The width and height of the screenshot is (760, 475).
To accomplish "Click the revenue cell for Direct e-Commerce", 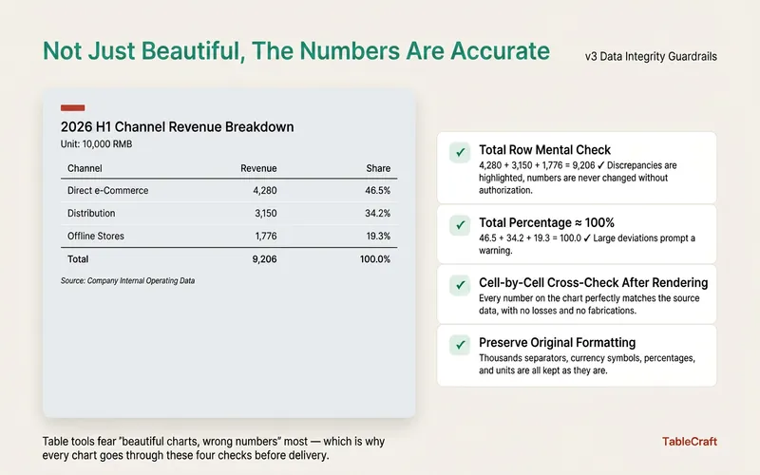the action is [x=265, y=191].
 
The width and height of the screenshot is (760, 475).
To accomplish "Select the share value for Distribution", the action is [x=377, y=213].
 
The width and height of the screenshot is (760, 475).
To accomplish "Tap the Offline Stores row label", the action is [x=96, y=236].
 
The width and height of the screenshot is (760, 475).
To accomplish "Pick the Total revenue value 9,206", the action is [x=265, y=259].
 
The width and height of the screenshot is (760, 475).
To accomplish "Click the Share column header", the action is [x=378, y=168].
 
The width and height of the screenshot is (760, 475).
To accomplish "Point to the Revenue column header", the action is [x=258, y=168].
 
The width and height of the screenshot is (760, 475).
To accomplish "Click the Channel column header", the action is [x=85, y=168].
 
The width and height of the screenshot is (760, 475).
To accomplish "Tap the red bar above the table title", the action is [x=73, y=107].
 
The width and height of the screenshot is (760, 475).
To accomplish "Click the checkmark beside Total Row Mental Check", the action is [x=460, y=153].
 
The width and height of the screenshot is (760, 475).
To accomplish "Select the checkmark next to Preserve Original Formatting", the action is [x=460, y=345].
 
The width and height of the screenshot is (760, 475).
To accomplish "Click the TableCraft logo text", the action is [x=690, y=442].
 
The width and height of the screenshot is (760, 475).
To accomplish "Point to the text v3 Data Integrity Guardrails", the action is [x=651, y=57].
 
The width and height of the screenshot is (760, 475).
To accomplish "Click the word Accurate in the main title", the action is [x=501, y=51].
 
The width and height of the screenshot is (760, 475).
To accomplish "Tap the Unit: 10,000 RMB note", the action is [x=97, y=144].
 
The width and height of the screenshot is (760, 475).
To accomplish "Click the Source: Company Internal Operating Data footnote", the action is [x=127, y=280].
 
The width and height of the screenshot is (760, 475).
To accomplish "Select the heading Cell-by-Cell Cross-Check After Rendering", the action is [x=593, y=282].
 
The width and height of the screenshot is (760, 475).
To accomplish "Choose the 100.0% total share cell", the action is [x=374, y=259].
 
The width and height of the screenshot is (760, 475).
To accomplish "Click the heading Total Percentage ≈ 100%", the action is [x=547, y=222].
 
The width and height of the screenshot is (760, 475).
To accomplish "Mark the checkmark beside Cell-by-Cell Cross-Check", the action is [x=460, y=285].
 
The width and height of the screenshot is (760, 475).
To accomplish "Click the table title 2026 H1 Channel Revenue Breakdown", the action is [x=178, y=127].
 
